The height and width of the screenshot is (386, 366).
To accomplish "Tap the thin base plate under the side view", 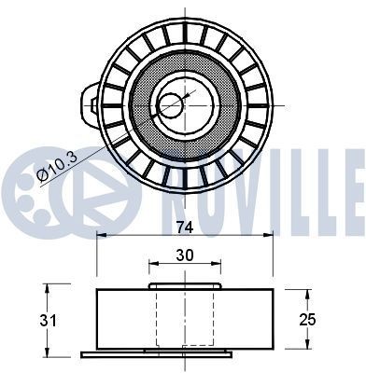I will pos(185,353).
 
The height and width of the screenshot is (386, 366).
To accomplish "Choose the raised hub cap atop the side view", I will pos(185,286).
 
